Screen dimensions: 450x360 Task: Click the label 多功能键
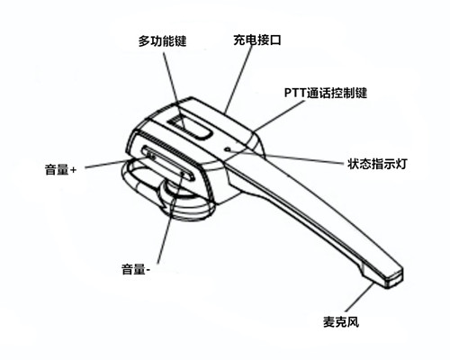pyautogui.click(x=162, y=40)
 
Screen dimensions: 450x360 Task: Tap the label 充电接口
pyautogui.click(x=257, y=40)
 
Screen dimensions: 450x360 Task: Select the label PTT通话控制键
pyautogui.click(x=326, y=93)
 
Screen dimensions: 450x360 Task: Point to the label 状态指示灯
pyautogui.click(x=377, y=164)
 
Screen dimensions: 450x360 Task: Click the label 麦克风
pyautogui.click(x=341, y=322)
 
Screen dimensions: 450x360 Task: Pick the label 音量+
pyautogui.click(x=60, y=169)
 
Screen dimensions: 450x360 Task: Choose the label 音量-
pyautogui.click(x=136, y=269)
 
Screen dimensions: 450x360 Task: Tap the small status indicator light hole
pyautogui.click(x=229, y=148)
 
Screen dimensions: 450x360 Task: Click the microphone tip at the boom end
pyautogui.click(x=393, y=279)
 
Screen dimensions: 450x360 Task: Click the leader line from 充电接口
pyautogui.click(x=238, y=78)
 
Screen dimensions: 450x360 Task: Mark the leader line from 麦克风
pyautogui.click(x=360, y=297)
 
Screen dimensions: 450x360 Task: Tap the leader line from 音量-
pyautogui.click(x=169, y=218)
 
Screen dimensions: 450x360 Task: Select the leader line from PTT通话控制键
pyautogui.click(x=279, y=116)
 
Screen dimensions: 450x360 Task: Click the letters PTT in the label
pyautogui.click(x=294, y=93)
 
